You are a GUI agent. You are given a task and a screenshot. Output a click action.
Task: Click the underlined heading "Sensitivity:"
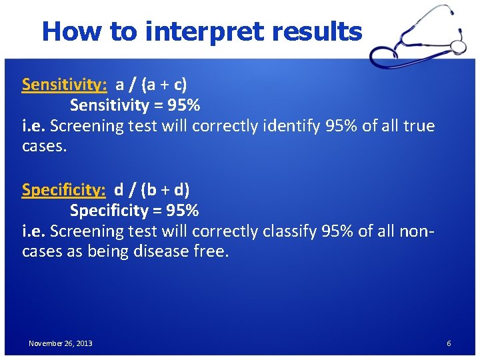[65, 85]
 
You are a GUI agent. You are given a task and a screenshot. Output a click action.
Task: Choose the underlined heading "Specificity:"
[64, 190]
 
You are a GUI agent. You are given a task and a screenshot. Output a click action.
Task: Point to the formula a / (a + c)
[151, 85]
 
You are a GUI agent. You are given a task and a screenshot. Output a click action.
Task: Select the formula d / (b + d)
[152, 190]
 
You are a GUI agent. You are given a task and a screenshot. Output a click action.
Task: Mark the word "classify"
[290, 231]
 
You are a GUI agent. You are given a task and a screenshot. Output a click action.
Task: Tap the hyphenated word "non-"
[420, 231]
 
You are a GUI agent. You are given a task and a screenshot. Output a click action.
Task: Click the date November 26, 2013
[61, 343]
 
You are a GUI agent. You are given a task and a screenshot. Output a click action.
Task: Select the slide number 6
[449, 343]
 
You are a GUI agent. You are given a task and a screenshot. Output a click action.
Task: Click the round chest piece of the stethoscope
[459, 45]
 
